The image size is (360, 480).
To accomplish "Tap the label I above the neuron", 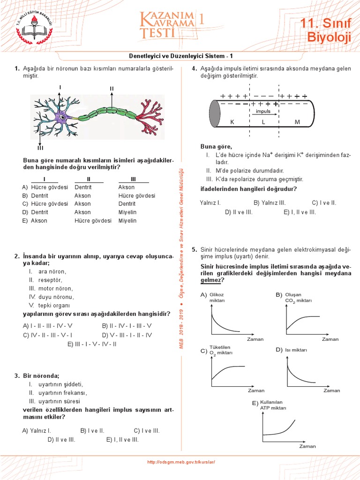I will coord(60,87).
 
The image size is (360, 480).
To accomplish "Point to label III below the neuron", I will coord(40,148).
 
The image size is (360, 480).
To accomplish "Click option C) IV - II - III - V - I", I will coord(47,335).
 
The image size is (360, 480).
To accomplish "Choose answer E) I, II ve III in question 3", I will coord(122,440).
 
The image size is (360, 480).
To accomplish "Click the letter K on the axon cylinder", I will coord(232,122).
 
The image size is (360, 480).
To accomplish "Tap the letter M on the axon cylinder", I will coord(297,122).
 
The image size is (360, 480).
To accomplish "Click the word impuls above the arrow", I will coord(263,112).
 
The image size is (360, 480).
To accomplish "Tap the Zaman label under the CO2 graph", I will coord(330,339).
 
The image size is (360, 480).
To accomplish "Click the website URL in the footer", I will coord(181,462).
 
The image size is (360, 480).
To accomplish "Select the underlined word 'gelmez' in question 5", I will coord(210,280).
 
